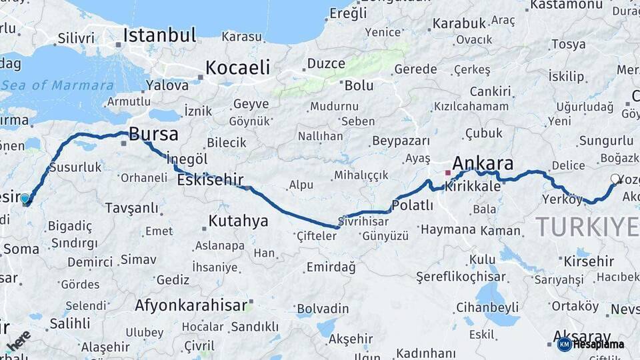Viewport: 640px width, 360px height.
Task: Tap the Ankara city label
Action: click(x=483, y=163)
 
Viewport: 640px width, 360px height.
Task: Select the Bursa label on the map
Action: click(x=153, y=134)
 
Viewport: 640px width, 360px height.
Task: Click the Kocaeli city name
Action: click(x=237, y=67)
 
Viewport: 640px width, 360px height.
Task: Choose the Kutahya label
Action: click(x=238, y=221)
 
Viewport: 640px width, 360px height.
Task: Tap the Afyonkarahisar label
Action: click(x=191, y=306)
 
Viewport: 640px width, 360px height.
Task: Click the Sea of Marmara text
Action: click(x=57, y=85)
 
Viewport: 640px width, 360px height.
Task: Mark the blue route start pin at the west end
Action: click(x=25, y=198)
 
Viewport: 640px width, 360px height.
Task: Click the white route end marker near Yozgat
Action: click(x=615, y=179)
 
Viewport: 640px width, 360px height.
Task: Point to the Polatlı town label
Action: click(x=412, y=206)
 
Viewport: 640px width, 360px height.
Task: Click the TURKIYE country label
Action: click(x=587, y=227)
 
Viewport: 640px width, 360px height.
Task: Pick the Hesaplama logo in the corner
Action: click(x=591, y=344)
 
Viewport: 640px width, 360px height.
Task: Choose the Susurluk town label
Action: click(x=75, y=167)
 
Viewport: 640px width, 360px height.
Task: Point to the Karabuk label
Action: click(x=459, y=23)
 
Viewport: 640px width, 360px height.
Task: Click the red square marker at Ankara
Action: click(x=448, y=173)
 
